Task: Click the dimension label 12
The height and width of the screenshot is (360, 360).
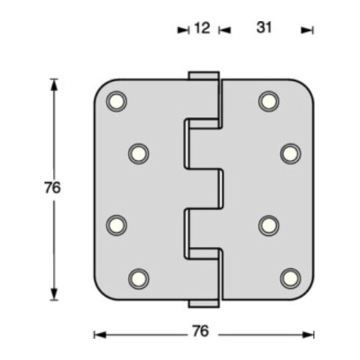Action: coord(201,29)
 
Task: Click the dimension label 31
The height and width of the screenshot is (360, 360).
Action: coord(265,29)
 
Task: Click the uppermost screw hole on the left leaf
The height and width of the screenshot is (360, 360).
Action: coord(115,101)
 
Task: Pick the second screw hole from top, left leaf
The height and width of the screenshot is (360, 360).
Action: coord(138,153)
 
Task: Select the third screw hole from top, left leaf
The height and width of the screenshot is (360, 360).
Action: coord(115,224)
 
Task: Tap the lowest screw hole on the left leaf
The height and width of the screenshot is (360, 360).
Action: coord(138,277)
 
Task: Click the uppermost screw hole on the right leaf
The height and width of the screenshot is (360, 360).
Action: coord(269,101)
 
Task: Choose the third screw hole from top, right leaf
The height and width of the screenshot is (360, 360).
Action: coord(269,224)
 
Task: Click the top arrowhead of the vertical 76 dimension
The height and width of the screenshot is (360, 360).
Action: coord(54,83)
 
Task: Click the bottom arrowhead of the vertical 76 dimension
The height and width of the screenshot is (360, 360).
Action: coord(54,295)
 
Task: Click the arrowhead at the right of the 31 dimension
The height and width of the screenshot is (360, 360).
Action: coord(309,29)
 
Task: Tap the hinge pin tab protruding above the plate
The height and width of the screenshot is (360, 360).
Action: coord(204,76)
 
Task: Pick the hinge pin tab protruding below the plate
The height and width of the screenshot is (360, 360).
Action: coord(204,303)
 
